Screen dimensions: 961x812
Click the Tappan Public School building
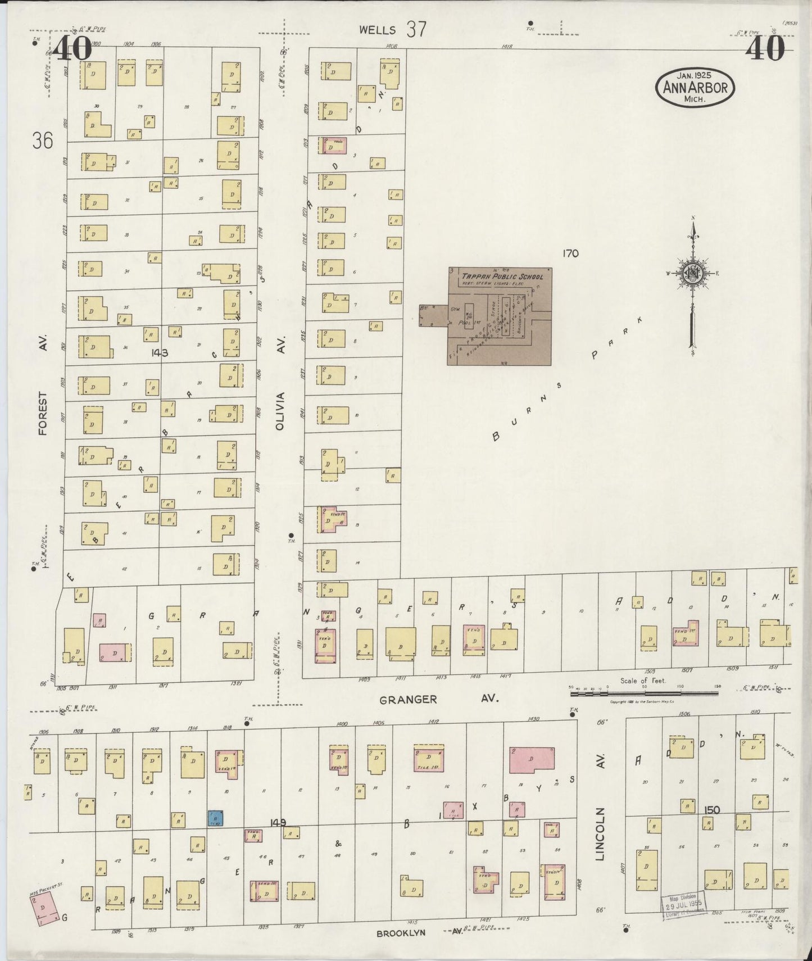pos(500,316)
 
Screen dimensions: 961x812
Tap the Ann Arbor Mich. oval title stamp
pos(695,88)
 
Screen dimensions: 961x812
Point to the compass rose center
pos(693,274)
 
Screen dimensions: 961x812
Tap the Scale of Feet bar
pos(644,693)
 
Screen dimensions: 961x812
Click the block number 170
pos(570,253)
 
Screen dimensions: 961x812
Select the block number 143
pos(160,353)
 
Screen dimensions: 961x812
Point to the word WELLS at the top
pos(379,30)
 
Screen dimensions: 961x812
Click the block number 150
pos(712,810)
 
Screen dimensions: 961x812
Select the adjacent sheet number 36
pos(43,140)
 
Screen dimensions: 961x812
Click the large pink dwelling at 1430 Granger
pos(532,760)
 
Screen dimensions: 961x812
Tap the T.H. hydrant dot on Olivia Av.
pos(291,535)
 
